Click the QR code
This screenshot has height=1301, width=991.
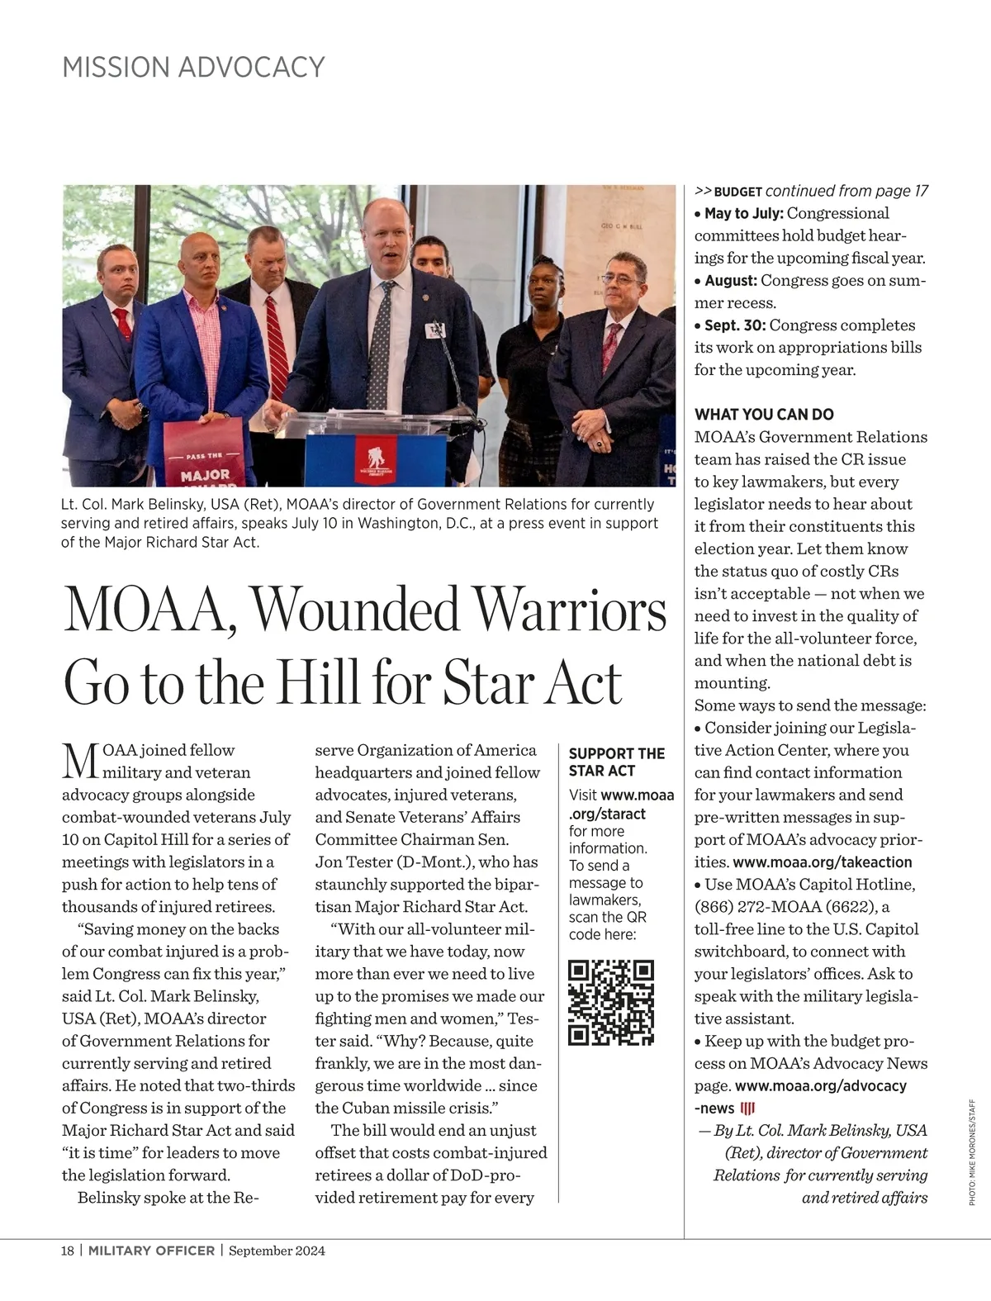point(612,1003)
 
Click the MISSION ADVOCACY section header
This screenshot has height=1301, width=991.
point(193,67)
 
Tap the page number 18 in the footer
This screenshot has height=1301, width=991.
point(68,1251)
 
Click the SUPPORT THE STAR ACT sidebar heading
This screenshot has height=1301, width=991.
point(616,762)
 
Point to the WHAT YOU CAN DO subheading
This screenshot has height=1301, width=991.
point(764,415)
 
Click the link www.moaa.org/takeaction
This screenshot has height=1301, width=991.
point(823,862)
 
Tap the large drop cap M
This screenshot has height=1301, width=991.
point(80,762)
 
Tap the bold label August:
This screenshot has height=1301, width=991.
point(731,281)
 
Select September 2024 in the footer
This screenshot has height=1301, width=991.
point(277,1251)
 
